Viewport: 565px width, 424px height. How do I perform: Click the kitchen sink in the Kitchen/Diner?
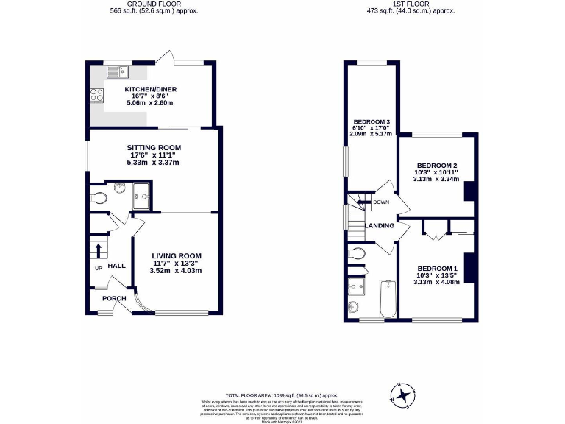coord(117,71)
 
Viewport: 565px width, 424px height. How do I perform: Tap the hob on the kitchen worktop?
coord(96,94)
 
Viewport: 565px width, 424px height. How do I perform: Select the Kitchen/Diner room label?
coord(150,90)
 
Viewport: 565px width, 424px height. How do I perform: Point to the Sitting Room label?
coord(155,147)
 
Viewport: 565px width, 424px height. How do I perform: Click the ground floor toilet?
coord(101,197)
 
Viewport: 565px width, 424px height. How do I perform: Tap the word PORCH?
coord(114,298)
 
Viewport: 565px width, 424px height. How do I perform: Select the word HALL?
coord(117,266)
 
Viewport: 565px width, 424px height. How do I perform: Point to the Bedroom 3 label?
coord(372,121)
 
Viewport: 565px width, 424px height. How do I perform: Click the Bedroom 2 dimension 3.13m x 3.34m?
coord(436,179)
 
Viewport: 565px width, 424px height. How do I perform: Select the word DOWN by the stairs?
coord(381,202)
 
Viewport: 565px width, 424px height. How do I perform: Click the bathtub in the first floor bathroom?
coord(388,299)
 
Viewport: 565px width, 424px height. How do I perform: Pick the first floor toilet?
coord(357,255)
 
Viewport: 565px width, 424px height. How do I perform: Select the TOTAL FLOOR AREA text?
coord(282,395)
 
